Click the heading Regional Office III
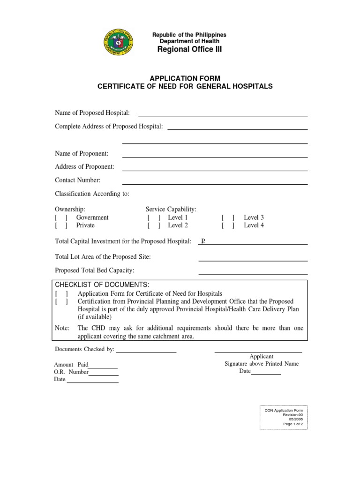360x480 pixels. (x=189, y=50)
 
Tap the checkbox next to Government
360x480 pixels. (x=61, y=217)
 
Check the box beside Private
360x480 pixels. (x=61, y=225)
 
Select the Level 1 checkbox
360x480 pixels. (x=153, y=217)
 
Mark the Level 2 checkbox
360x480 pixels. (x=153, y=225)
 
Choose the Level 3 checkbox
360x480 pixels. (x=228, y=217)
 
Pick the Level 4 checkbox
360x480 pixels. (x=228, y=225)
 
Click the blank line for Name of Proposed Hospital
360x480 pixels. (x=223, y=115)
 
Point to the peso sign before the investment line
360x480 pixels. (x=203, y=241)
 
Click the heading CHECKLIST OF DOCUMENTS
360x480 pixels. (x=102, y=285)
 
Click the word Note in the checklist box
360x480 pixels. (x=62, y=328)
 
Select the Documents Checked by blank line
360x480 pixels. (x=146, y=352)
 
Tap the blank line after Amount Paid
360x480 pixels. (x=103, y=367)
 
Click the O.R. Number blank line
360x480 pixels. (x=104, y=375)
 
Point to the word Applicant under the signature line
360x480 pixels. (x=262, y=357)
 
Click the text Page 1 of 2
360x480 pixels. (x=293, y=424)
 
